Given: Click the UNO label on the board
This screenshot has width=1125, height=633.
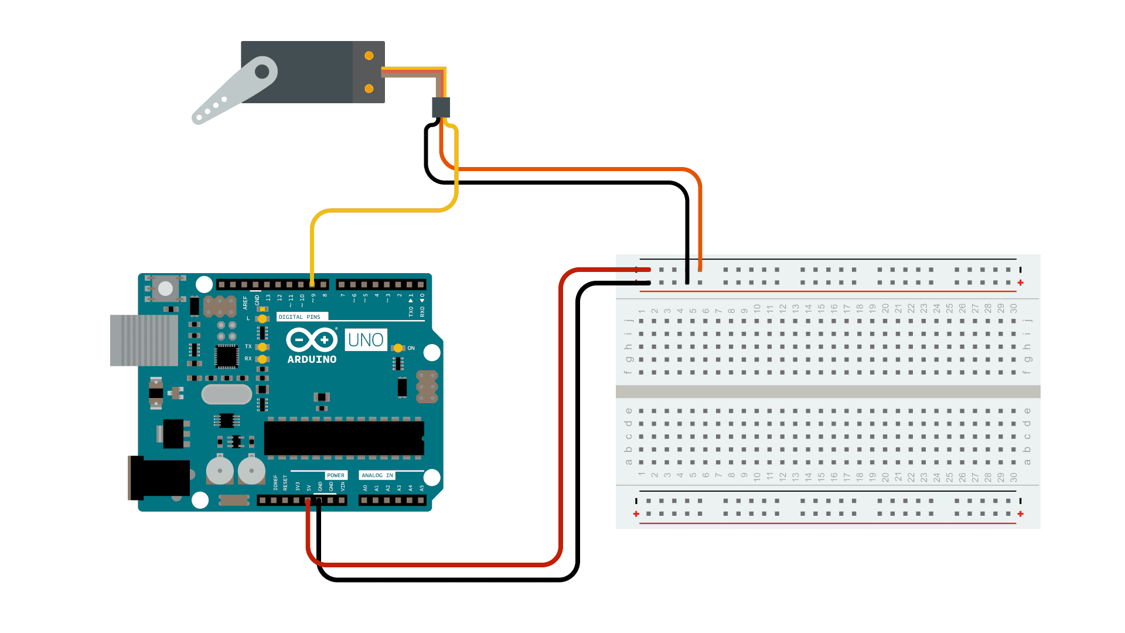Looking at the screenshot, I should coord(366,340).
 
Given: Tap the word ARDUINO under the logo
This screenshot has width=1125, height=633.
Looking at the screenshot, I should coord(312,359).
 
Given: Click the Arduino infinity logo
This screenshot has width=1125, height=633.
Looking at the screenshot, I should coord(312,339).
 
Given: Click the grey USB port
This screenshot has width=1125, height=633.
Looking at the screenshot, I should coord(144,341).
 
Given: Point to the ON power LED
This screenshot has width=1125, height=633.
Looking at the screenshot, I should coord(398,348).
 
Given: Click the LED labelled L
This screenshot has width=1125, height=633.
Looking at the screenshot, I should coord(262,319).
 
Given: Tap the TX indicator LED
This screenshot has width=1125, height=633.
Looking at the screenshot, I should coord(262,347).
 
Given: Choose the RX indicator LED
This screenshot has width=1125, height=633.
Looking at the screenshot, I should coord(262,359).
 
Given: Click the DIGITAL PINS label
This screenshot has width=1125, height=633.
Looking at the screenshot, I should coord(299,317).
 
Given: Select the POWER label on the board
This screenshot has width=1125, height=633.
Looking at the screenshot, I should coord(336,475).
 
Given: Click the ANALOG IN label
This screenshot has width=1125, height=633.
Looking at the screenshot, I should coord(377,475).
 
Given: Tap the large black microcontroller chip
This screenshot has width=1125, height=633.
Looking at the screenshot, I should coord(344,437).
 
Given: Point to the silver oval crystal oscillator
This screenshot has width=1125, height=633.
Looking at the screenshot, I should coord(227,394).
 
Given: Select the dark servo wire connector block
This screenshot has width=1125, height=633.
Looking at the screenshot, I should coord(441,107).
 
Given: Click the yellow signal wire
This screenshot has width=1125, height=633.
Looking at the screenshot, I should coord(381,210).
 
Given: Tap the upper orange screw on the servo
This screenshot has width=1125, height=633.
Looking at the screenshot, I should coord(369,56).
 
